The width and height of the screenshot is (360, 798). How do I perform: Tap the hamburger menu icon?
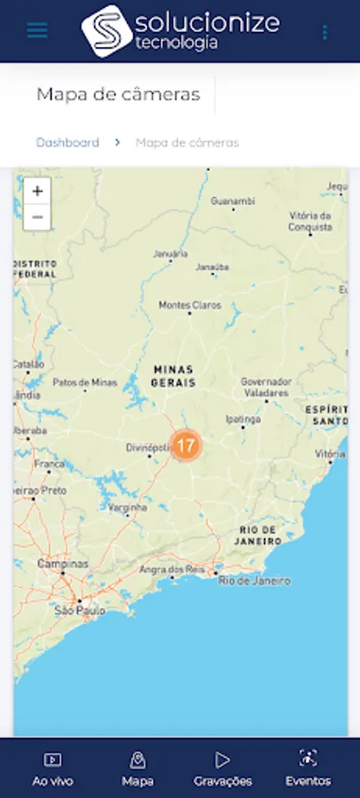click(x=37, y=30)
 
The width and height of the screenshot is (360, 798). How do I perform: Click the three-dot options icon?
click(x=325, y=32)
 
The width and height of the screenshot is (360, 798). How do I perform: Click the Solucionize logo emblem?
click(x=106, y=30)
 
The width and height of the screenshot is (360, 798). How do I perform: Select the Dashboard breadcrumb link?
click(x=67, y=142)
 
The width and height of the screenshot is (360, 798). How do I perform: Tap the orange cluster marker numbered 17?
click(x=185, y=445)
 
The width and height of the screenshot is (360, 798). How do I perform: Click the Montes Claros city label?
click(x=190, y=305)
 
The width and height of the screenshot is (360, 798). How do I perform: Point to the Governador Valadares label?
click(x=265, y=387)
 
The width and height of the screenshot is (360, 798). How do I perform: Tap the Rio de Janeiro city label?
click(x=254, y=581)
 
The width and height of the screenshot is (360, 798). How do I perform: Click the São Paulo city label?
click(x=80, y=611)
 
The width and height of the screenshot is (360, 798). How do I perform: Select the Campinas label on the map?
click(x=63, y=564)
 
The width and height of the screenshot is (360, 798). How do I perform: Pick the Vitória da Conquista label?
click(x=309, y=222)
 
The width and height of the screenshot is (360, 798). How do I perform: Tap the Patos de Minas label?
click(x=85, y=383)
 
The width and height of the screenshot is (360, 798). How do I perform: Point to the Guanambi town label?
click(x=232, y=201)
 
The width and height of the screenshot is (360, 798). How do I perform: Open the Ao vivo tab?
click(x=52, y=769)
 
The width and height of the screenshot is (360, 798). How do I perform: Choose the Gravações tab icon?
click(x=223, y=759)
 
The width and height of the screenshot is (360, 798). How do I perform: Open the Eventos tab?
click(x=308, y=769)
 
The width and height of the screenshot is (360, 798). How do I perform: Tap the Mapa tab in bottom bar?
click(x=137, y=769)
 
